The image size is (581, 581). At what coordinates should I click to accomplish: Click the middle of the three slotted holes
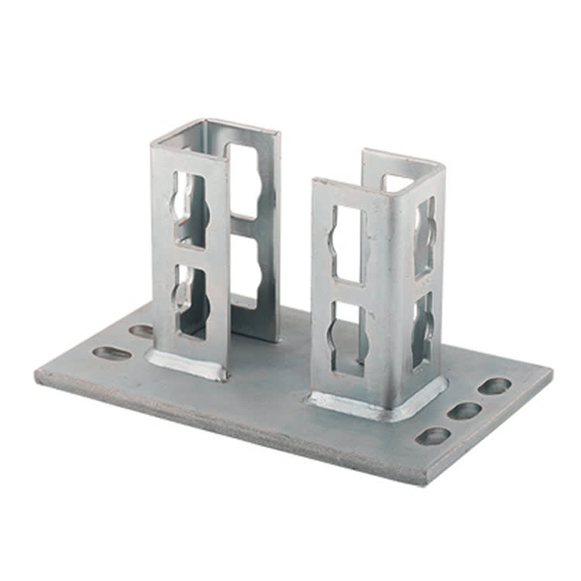point(464,411)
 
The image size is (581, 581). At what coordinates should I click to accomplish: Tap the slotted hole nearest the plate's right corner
point(494,385)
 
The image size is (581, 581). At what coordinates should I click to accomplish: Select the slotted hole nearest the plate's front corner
point(434,436)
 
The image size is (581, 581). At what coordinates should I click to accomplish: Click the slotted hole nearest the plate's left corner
point(112,353)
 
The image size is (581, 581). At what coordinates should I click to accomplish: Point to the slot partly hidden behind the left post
point(142,332)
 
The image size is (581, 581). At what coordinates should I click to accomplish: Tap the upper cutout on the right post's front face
point(346,242)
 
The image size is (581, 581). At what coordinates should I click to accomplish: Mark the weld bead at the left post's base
point(186,364)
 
